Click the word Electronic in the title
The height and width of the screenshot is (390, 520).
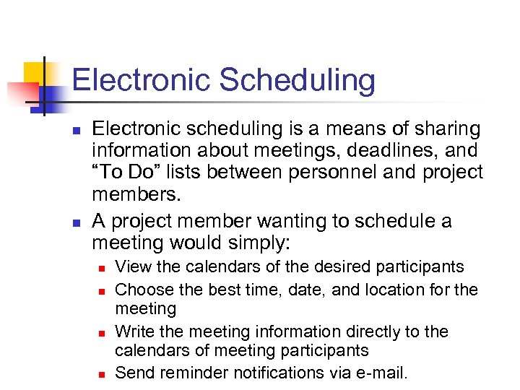pyautogui.click(x=142, y=80)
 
